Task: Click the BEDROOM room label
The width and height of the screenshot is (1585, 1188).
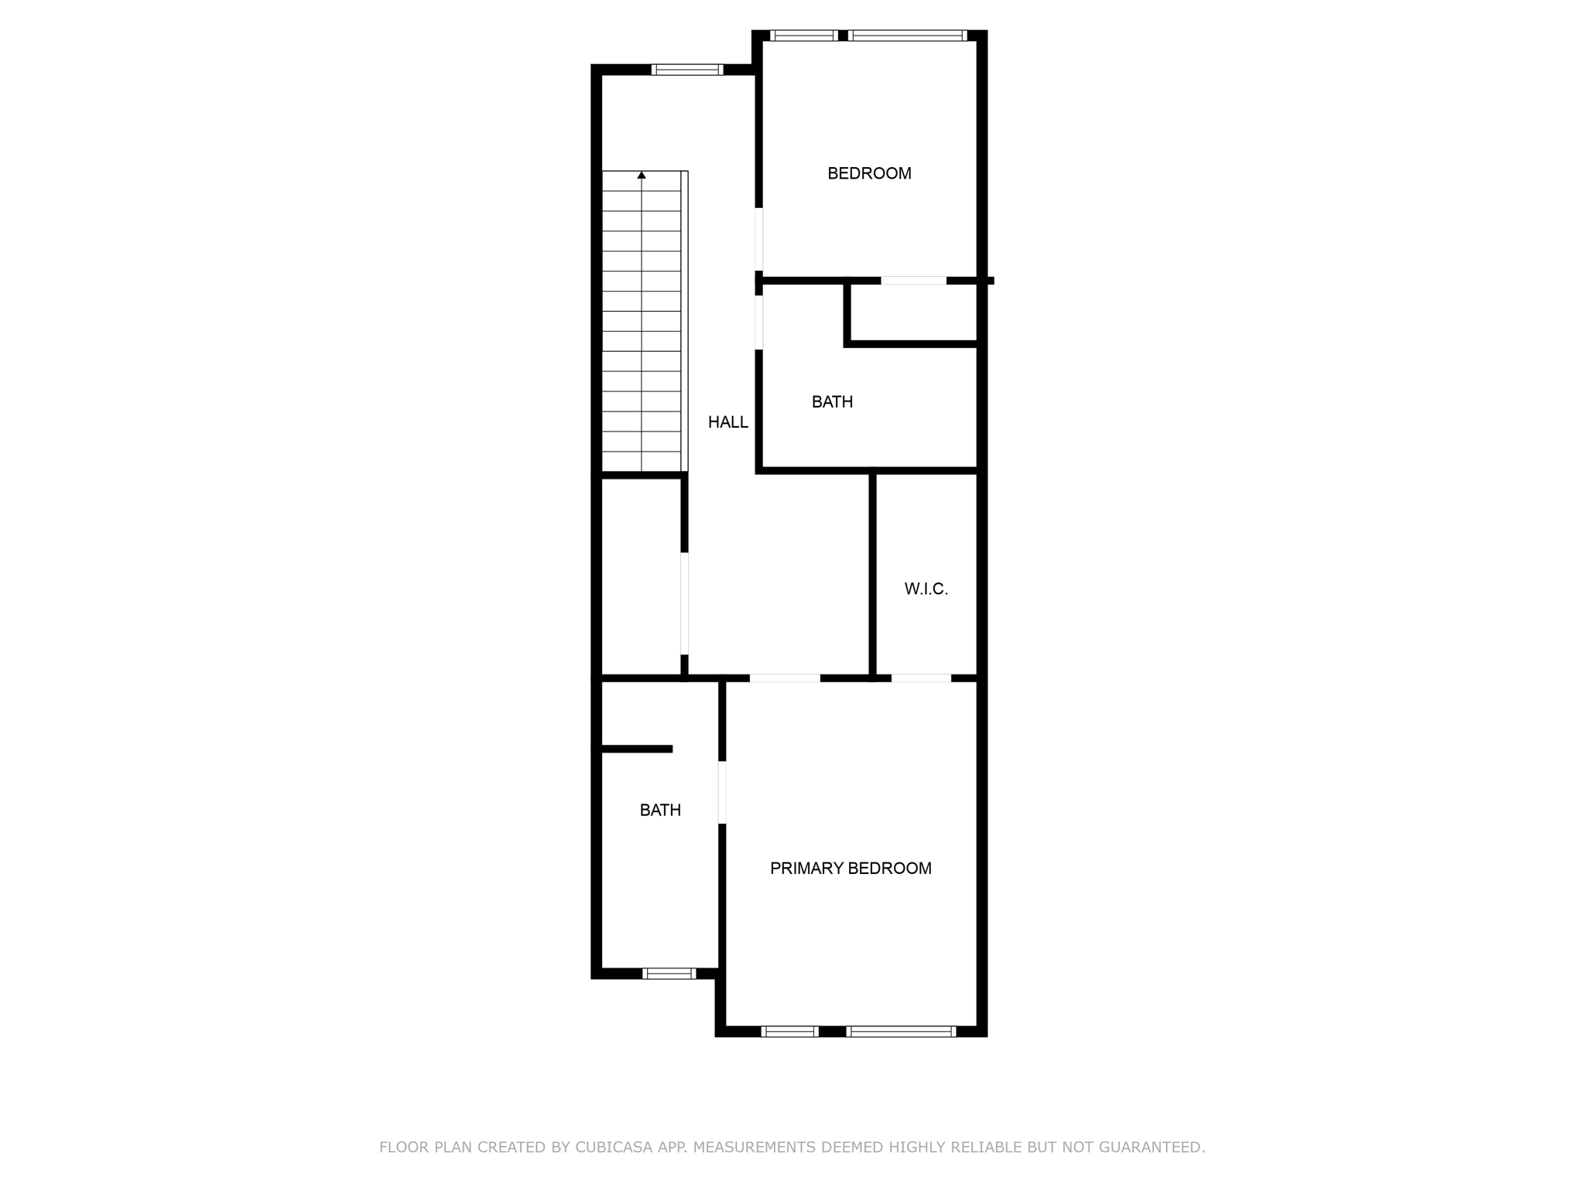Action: pyautogui.click(x=869, y=173)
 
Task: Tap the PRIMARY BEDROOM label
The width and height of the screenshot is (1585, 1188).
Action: pyautogui.click(x=851, y=869)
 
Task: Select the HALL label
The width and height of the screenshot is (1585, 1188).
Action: pyautogui.click(x=727, y=422)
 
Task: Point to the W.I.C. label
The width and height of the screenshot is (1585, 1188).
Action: pyautogui.click(x=926, y=589)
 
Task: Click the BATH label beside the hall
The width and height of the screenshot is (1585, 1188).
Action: pyautogui.click(x=832, y=402)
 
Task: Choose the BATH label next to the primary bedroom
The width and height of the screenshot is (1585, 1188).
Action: pyautogui.click(x=660, y=811)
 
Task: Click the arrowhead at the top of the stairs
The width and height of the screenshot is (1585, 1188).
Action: pyautogui.click(x=642, y=176)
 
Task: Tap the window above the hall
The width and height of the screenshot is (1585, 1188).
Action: pyautogui.click(x=687, y=70)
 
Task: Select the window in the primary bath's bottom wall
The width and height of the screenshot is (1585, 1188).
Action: pyautogui.click(x=669, y=974)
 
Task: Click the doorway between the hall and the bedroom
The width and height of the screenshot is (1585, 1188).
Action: pyautogui.click(x=759, y=239)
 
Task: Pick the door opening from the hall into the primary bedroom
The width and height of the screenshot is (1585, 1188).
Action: pyautogui.click(x=785, y=678)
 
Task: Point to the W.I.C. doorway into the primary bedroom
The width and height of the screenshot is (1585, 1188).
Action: pyautogui.click(x=921, y=678)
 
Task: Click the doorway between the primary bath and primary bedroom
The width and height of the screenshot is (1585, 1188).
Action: pyautogui.click(x=722, y=793)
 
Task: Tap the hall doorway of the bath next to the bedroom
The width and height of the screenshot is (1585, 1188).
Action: pyautogui.click(x=759, y=323)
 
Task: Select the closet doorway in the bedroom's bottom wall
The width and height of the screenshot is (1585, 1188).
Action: pyautogui.click(x=913, y=281)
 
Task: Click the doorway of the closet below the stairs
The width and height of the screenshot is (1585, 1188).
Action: pyautogui.click(x=684, y=603)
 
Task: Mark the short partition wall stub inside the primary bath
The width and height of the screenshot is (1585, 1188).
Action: pyautogui.click(x=636, y=749)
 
